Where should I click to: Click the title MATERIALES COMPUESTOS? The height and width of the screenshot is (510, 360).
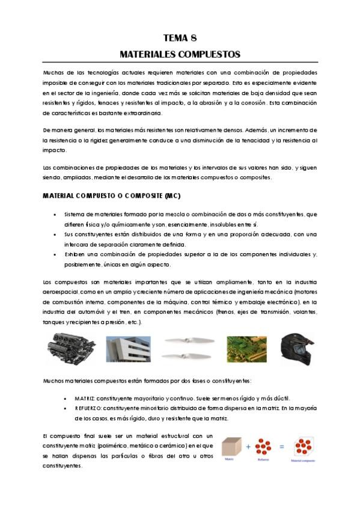coord(180,54)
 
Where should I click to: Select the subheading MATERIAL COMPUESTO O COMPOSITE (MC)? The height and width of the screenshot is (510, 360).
coord(111,197)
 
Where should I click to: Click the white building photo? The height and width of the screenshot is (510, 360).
coord(127,349)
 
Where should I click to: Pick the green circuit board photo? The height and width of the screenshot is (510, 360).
coord(245,349)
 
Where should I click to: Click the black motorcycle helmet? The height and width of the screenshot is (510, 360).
coord(297,349)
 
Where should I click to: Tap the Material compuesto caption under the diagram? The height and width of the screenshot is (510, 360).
coord(304,461)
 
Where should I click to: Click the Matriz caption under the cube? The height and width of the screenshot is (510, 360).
coord(228,458)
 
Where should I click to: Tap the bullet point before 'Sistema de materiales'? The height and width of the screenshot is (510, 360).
coord(56,215)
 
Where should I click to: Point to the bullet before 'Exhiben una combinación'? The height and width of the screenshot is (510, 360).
coord(56,254)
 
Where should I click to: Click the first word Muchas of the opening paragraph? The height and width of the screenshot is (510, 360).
coord(53,73)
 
